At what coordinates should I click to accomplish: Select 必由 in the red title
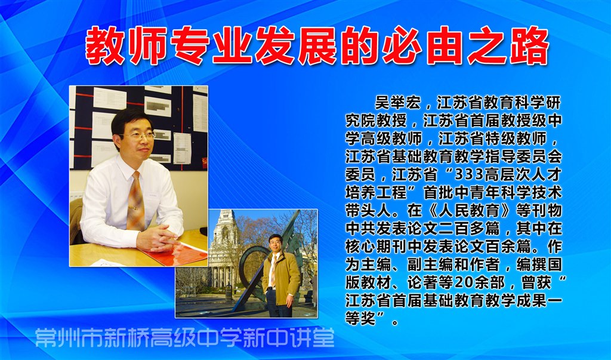[x=422, y=45]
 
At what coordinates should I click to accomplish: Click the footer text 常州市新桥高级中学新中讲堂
[x=185, y=338]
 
